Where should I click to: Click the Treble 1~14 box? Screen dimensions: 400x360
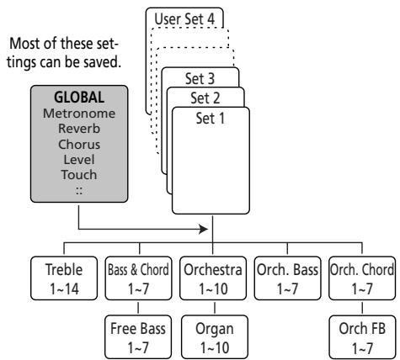pyautogui.click(x=64, y=278)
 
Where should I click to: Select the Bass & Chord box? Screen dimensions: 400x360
pyautogui.click(x=138, y=278)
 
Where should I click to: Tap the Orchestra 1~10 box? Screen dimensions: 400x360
pyautogui.click(x=213, y=278)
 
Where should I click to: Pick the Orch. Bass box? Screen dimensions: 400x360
pyautogui.click(x=287, y=278)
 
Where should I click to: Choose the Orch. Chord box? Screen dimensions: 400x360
pyautogui.click(x=362, y=278)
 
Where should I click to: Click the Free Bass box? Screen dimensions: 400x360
pyautogui.click(x=138, y=337)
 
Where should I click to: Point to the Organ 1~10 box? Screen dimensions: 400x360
pyautogui.click(x=215, y=337)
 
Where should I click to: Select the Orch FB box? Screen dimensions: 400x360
pyautogui.click(x=362, y=337)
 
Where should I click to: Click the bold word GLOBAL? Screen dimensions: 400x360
pyautogui.click(x=79, y=98)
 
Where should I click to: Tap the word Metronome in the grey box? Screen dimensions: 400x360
pyautogui.click(x=79, y=114)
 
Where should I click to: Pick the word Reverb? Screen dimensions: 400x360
pyautogui.click(x=79, y=129)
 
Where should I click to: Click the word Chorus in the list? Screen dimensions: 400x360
pyautogui.click(x=79, y=145)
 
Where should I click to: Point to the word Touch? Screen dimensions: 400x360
pyautogui.click(x=79, y=175)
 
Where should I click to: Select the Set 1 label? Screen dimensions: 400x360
pyautogui.click(x=211, y=119)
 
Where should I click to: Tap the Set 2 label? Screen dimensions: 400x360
pyautogui.click(x=205, y=98)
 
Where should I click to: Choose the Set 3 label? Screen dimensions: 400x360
pyautogui.click(x=200, y=78)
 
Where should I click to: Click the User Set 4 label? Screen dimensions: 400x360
pyautogui.click(x=184, y=19)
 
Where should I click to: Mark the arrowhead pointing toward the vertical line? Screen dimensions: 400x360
pyautogui.click(x=204, y=230)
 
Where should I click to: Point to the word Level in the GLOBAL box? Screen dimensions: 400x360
pyautogui.click(x=79, y=160)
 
